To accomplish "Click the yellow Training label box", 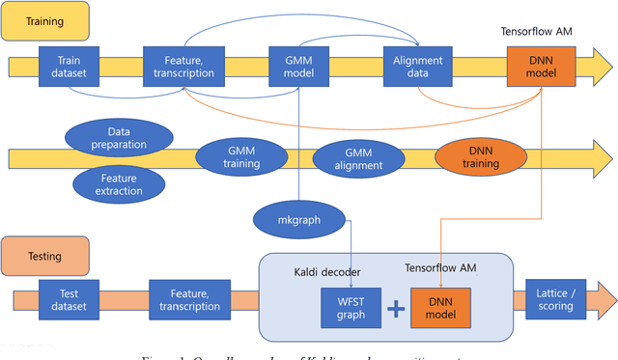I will point(44,20).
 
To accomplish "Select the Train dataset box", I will point(69,66).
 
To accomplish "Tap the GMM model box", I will point(298,66).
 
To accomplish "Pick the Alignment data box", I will point(417,66).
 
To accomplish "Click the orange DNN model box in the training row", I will point(539,66).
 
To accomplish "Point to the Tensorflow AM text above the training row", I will point(537,32).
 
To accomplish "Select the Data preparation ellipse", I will point(120,137).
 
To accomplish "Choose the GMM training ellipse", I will point(241,156).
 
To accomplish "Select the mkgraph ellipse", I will point(298,219).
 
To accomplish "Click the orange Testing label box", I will point(44,257).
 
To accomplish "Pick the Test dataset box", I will point(69,300).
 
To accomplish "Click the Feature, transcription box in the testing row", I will point(190,300).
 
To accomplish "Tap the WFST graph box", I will point(350,308).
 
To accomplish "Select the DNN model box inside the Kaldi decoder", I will point(440,308).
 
